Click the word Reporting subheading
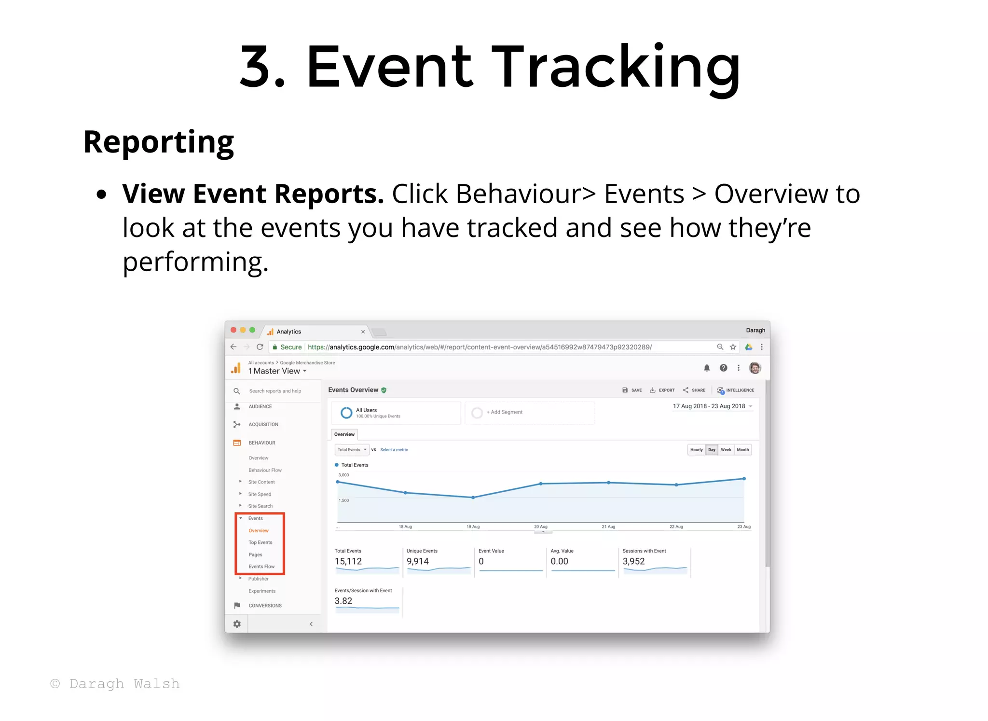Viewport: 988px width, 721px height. point(158,142)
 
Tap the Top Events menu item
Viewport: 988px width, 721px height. point(260,542)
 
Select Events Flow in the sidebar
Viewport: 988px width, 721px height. point(261,567)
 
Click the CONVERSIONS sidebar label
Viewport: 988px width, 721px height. point(265,606)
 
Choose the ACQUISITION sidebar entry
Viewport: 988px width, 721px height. point(263,425)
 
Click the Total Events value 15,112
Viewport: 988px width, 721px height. point(348,561)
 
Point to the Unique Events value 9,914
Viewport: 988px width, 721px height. point(417,561)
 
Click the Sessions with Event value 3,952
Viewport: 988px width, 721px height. point(633,561)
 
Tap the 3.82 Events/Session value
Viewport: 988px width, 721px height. point(343,601)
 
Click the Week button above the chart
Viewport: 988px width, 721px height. point(726,450)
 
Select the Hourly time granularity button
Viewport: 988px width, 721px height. point(696,450)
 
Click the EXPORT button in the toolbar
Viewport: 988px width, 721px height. point(662,390)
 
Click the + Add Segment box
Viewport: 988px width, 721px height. point(504,412)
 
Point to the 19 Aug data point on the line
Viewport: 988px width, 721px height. point(473,498)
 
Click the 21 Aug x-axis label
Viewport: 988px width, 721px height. point(608,527)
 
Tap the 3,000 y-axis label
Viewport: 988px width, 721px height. point(343,475)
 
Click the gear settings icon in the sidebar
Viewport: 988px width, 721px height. point(237,624)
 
